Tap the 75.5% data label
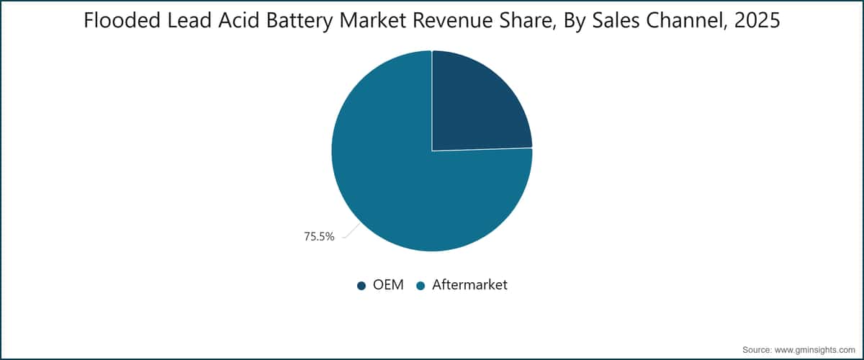(x=319, y=237)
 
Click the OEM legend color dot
(x=361, y=286)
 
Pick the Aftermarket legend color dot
(x=420, y=286)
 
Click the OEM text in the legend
(x=388, y=284)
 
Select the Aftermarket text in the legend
(x=469, y=284)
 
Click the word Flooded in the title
(x=122, y=20)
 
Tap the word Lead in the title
(x=189, y=20)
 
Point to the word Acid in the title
(x=239, y=20)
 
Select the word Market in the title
(x=373, y=20)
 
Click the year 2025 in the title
(x=757, y=20)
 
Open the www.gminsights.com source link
(x=814, y=350)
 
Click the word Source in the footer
(x=757, y=350)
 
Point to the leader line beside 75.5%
(x=351, y=230)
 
